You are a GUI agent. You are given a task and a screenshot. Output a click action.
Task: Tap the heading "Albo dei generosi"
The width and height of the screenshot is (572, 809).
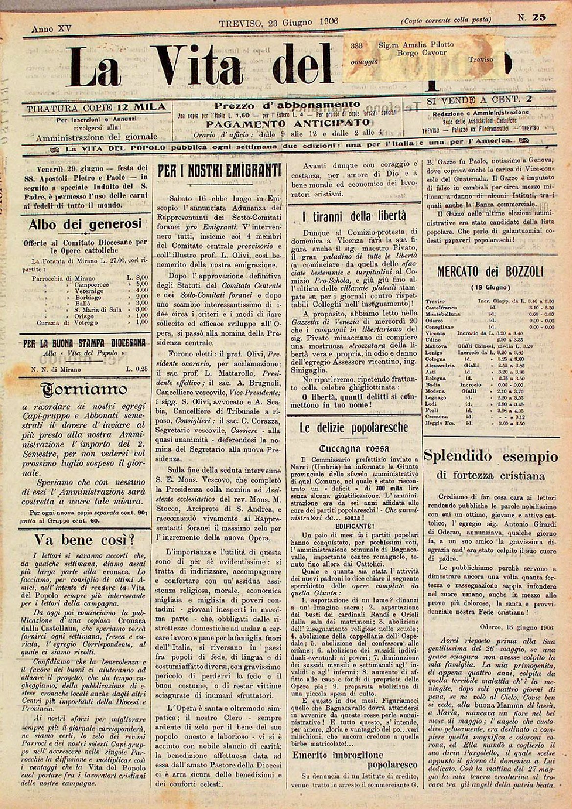pos(85,224)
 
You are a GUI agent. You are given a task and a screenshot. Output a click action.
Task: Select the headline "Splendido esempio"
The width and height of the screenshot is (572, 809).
pos(491,457)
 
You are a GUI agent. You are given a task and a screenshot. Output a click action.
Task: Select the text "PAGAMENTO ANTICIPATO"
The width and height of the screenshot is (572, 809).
pos(288,122)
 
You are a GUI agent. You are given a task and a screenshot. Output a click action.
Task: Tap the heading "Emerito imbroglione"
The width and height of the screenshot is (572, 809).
pos(338,755)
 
